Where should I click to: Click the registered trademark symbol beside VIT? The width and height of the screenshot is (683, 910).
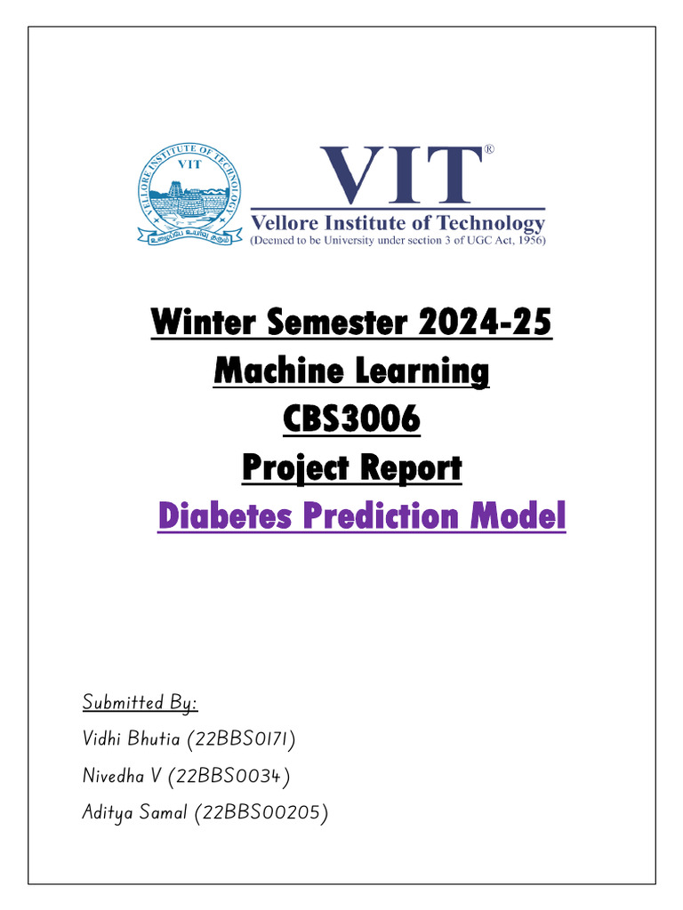(488, 151)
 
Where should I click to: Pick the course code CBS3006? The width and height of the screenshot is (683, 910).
(351, 419)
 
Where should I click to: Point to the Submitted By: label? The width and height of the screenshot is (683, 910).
(140, 703)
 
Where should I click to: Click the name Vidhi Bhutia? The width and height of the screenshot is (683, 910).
(125, 739)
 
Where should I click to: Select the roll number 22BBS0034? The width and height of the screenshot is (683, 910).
(230, 776)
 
